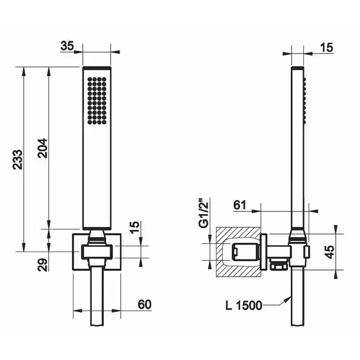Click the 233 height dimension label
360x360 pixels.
tap(17, 159)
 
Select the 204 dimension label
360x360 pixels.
tap(43, 148)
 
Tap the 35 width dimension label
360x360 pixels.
tap(67, 46)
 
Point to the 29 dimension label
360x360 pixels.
tap(43, 265)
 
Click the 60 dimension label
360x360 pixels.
tap(145, 304)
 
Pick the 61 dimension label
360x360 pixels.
tap(240, 205)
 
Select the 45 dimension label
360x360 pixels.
tap(330, 252)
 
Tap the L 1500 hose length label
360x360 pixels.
tap(244, 305)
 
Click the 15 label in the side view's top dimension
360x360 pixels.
tap(327, 47)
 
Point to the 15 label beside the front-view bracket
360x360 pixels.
tap(135, 227)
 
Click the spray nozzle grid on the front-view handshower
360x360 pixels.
tap(97, 101)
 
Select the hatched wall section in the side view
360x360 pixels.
tap(238, 253)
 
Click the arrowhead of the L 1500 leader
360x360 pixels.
tap(287, 299)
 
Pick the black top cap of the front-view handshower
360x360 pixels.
tap(97, 68)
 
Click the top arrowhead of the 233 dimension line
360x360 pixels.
tap(23, 71)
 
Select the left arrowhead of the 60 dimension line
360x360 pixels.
tap(78, 311)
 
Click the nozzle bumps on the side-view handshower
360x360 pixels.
tap(304, 99)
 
